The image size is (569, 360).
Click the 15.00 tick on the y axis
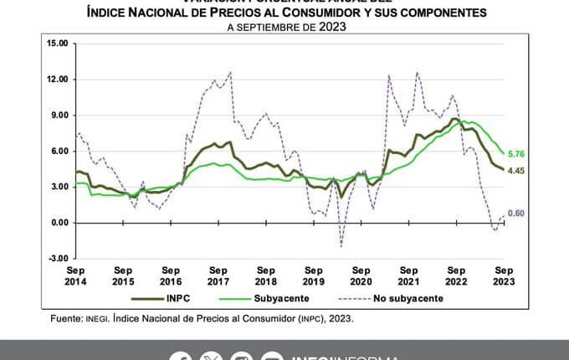[57, 43]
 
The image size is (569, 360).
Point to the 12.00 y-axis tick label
[57, 79]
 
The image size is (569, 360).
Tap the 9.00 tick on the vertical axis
[59, 115]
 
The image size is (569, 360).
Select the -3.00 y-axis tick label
[58, 259]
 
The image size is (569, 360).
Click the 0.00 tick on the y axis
[59, 223]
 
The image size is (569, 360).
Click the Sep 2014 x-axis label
[75, 276]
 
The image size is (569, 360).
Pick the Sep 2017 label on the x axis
[218, 276]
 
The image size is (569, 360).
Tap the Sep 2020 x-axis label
[361, 276]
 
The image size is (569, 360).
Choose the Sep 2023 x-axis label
[505, 276]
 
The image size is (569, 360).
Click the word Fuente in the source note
[65, 318]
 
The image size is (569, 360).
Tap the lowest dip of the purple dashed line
[341, 246]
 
